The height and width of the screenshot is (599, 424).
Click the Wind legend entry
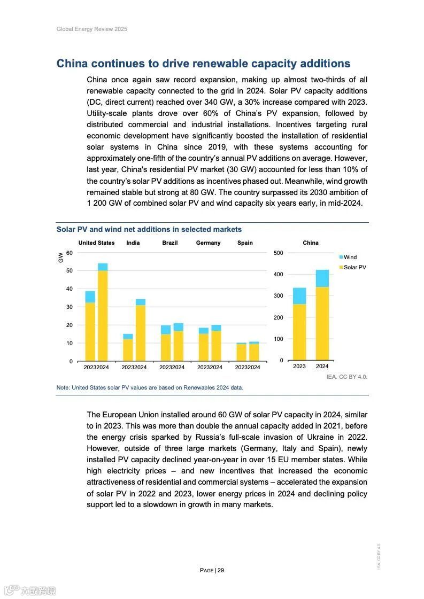[350, 257]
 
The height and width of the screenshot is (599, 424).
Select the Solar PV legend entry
[354, 267]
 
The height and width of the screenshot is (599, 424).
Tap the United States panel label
[96, 243]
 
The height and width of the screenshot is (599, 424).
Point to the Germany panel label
[208, 243]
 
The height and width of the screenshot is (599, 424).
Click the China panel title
[310, 243]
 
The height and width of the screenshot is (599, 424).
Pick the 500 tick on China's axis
[278, 253]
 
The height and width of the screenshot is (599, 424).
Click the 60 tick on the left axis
[70, 253]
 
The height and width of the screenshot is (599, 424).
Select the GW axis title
[60, 258]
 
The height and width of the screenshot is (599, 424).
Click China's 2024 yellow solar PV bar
[322, 323]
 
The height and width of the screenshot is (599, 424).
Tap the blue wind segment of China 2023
[299, 296]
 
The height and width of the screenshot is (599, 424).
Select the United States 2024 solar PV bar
[103, 315]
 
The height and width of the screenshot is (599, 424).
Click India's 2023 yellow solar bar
[128, 349]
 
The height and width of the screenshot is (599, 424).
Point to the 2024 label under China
[322, 367]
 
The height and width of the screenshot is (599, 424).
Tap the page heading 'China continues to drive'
[203, 64]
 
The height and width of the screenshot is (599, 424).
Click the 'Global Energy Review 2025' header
[91, 29]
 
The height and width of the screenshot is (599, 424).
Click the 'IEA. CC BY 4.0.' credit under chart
[346, 377]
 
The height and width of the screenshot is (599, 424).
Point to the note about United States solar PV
[150, 387]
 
